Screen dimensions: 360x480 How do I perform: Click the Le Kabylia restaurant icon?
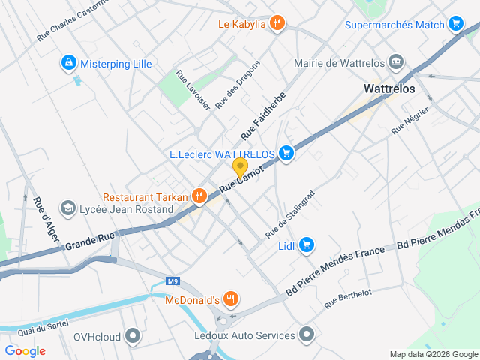[277, 23]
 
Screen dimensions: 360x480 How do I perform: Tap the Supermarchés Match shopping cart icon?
[455, 24]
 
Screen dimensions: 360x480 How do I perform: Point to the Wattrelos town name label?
[388, 88]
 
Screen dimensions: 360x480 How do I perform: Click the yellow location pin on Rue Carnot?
[240, 167]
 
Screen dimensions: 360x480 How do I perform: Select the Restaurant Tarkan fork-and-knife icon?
[199, 196]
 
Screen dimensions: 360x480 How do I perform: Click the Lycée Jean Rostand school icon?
[68, 209]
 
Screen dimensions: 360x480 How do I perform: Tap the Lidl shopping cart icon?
[306, 244]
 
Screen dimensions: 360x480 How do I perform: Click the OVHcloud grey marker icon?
[133, 335]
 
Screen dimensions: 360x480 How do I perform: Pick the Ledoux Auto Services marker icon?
[307, 334]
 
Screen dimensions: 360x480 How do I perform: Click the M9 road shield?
[174, 281]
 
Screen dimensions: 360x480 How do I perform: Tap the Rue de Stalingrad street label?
[290, 214]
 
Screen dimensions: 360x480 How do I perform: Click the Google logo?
[25, 351]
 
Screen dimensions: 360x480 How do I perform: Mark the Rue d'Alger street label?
[44, 217]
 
